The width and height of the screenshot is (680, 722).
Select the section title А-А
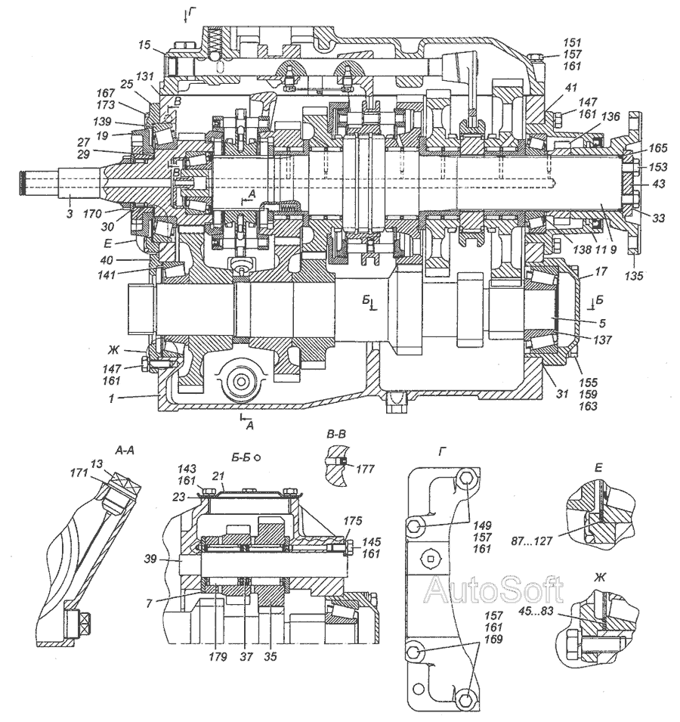click(125, 448)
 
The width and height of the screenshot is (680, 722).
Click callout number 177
click(366, 469)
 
